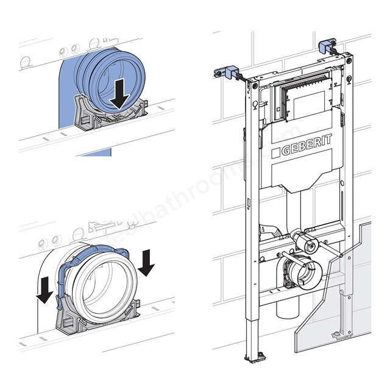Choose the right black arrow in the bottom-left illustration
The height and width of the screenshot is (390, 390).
(146, 260)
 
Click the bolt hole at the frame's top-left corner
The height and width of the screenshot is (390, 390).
(249, 87)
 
